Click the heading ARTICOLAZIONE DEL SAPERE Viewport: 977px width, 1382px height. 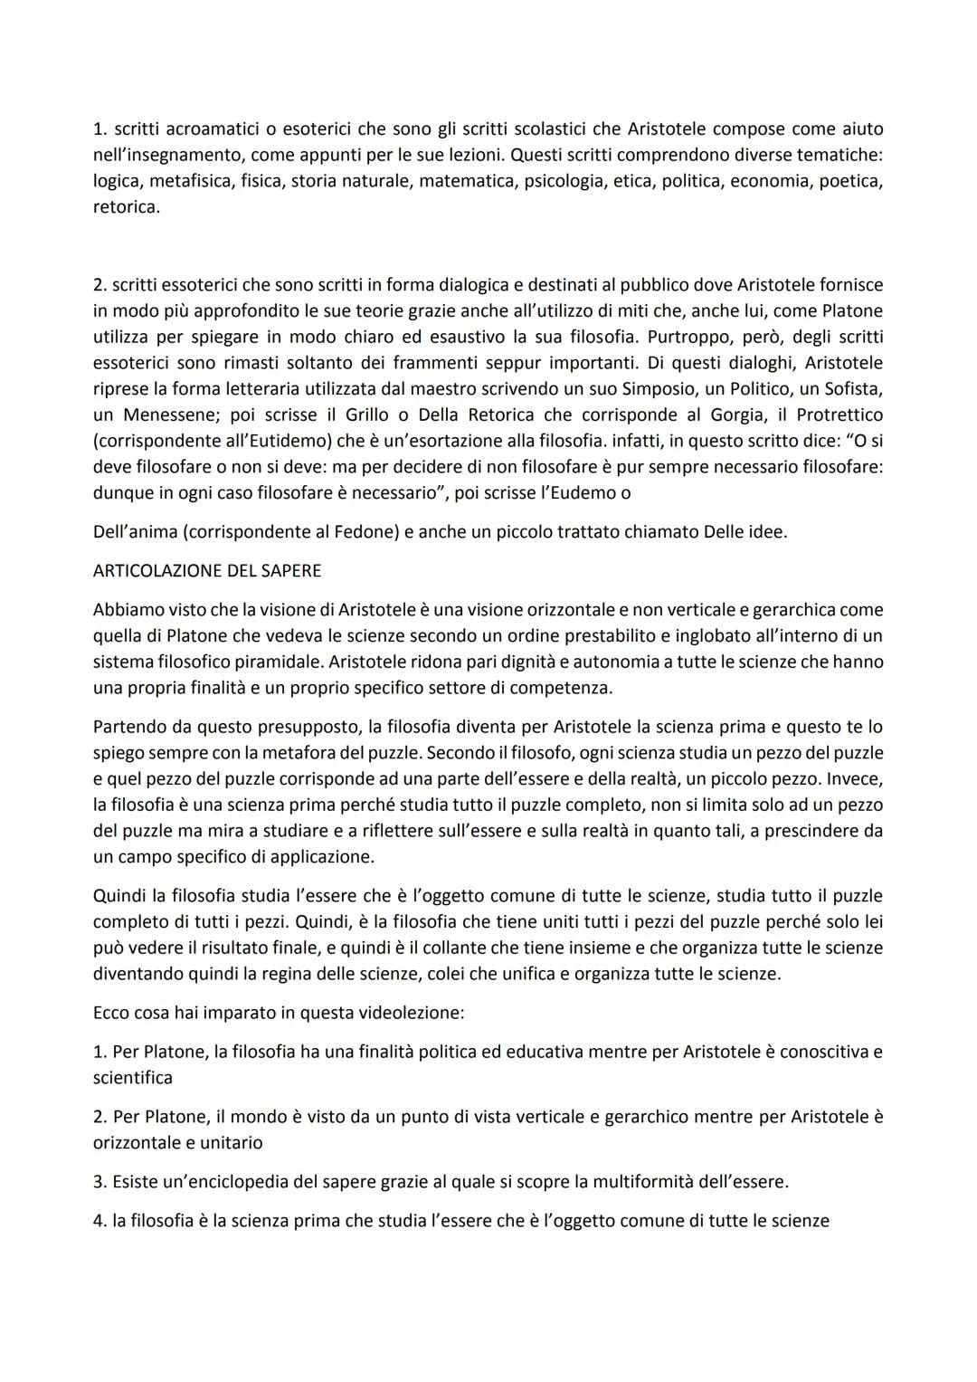pos(207,571)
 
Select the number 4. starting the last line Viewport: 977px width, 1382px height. pos(100,1221)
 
